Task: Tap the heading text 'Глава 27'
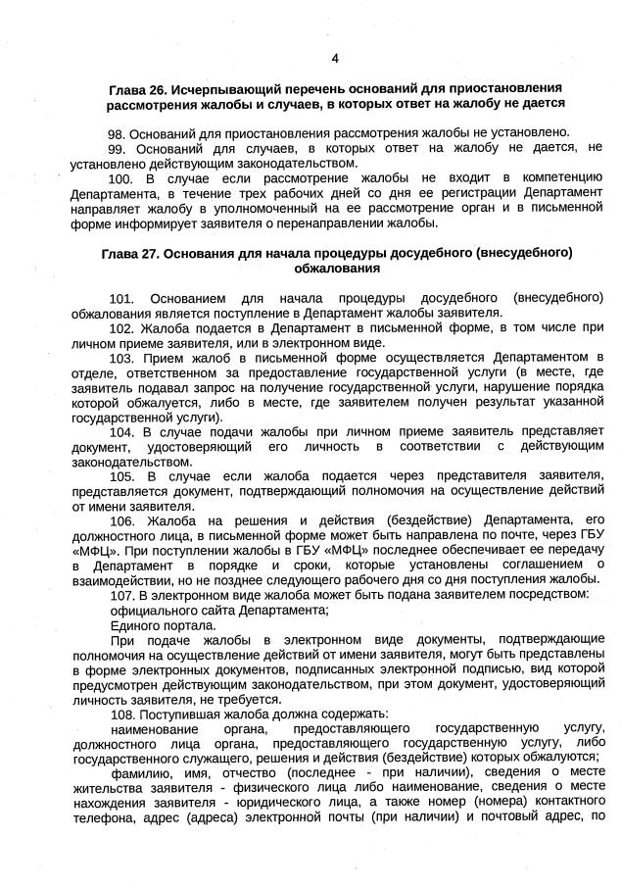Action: click(133, 253)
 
